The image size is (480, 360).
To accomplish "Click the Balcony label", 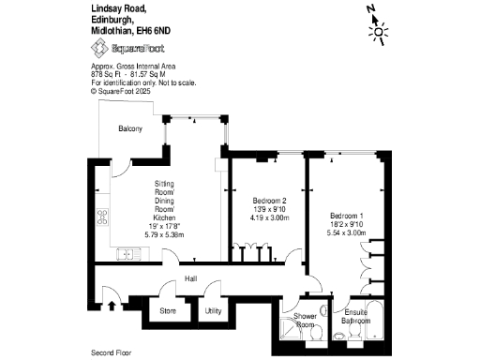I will (x=130, y=128).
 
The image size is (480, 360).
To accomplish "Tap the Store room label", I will (x=168, y=310).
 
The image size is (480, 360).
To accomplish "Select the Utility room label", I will (x=213, y=310).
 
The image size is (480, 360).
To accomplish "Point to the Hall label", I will (x=190, y=278).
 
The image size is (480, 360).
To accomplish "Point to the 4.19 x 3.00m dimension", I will (x=270, y=217).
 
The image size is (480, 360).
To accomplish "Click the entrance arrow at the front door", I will (x=114, y=304).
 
